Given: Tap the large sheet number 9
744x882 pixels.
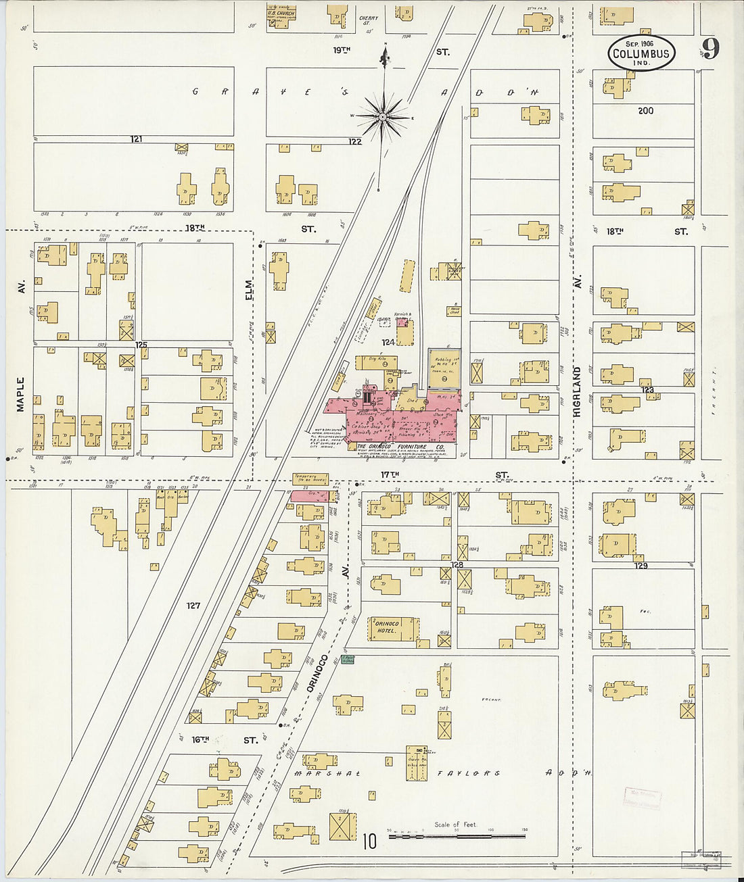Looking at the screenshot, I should coord(710,49).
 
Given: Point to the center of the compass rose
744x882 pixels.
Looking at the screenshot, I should coord(383,117).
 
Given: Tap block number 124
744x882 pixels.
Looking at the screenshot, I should coord(388,342).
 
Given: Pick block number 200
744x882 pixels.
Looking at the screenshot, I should coord(645,110).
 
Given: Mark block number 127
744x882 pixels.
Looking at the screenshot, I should coord(193,606).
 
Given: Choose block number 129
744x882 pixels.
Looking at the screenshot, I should coord(641,565).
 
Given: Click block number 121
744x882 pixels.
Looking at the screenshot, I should coord(137,139).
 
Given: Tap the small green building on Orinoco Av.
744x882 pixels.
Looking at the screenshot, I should coord(348,659).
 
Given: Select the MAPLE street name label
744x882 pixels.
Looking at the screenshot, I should coord(20,394).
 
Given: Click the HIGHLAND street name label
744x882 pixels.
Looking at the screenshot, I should coord(578,386).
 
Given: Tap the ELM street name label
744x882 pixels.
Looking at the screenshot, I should coord(249,289).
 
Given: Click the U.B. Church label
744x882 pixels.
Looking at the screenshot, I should coord(279,14).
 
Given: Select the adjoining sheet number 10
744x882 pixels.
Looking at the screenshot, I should coord(369,841).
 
